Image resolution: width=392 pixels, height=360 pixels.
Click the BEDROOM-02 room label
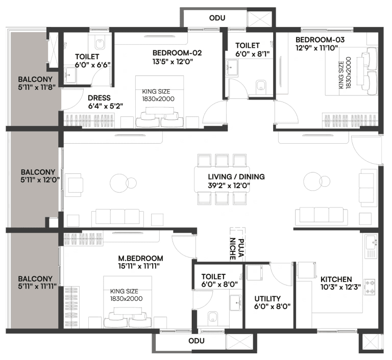pos(177,53)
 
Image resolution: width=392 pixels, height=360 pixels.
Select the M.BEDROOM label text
pos(141,258)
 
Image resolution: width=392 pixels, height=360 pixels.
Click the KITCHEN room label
pos(336,279)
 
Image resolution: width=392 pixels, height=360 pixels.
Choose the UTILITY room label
pos(268,298)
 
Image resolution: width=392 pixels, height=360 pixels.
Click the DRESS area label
pos(99,98)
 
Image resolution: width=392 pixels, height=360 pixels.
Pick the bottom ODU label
pos(196,341)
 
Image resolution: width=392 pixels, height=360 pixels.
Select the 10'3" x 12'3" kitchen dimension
pos(340,288)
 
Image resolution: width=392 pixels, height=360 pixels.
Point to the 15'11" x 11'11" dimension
pos(140,266)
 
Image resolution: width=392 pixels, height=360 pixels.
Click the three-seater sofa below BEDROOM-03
pos(321,215)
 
